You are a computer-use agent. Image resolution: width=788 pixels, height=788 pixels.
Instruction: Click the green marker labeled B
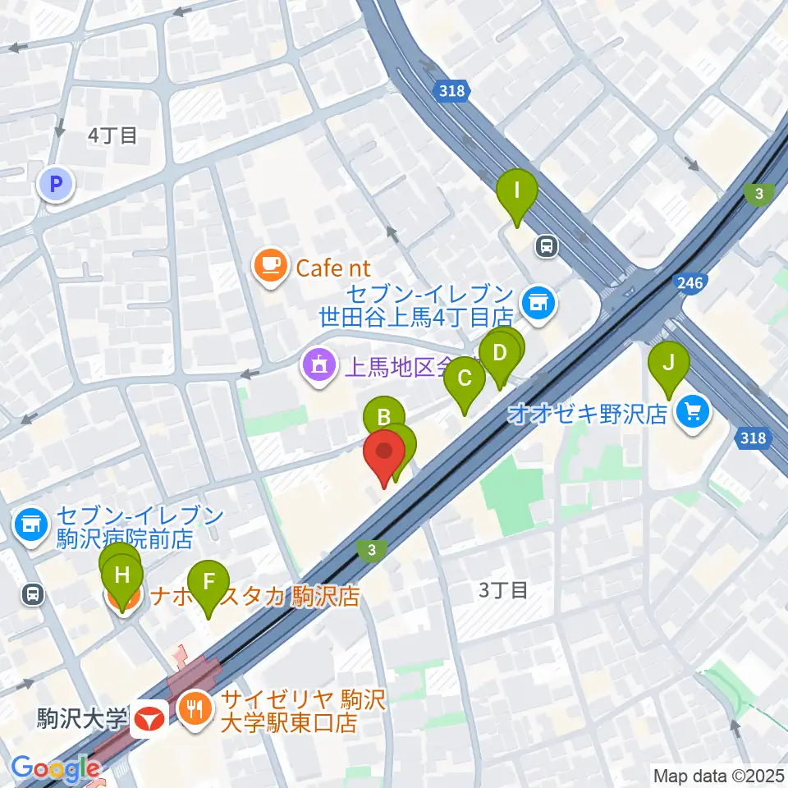[x=383, y=417]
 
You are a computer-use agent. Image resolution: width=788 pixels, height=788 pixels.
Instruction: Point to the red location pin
[x=384, y=454]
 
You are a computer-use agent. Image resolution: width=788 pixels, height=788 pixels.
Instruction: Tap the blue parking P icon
[x=56, y=185]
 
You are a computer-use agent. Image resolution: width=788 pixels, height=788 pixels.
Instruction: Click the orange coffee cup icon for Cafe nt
[x=271, y=266]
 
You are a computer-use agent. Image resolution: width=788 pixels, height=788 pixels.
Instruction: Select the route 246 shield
[x=690, y=284]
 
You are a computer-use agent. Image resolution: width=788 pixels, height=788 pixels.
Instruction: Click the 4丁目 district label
[x=113, y=135]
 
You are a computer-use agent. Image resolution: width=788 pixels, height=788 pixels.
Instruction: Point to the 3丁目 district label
[x=502, y=589]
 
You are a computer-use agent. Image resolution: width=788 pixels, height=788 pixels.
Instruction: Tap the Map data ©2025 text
[x=717, y=774]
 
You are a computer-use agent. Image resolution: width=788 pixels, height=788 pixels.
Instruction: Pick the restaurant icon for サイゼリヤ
[x=196, y=705]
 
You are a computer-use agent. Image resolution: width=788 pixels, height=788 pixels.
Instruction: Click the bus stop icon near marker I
[x=546, y=244]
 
